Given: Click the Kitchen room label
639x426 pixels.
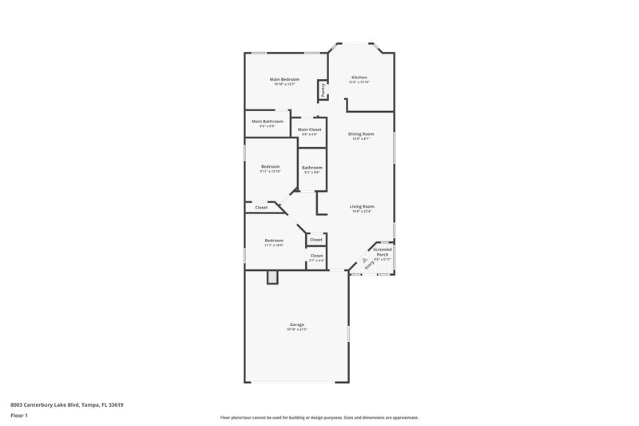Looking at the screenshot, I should coord(359,78).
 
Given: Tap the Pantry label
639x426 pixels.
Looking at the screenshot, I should coord(323,90).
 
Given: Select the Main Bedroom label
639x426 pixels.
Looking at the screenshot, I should coord(284,79).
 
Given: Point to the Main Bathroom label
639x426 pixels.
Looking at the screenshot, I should coord(268,121).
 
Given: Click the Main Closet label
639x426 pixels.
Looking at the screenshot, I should coord(309,129).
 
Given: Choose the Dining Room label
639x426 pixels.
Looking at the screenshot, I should coord(361,133).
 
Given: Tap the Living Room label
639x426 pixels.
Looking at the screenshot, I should coord(362,206).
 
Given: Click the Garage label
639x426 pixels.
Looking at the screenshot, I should coord(297,324).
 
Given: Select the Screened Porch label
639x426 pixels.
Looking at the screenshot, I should coord(383,251).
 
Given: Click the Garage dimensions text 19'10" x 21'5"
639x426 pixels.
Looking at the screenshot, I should coord(297,329).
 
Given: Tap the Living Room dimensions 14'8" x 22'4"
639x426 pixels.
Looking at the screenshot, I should coord(362,212).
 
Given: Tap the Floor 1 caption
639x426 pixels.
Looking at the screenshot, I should coord(19,416).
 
